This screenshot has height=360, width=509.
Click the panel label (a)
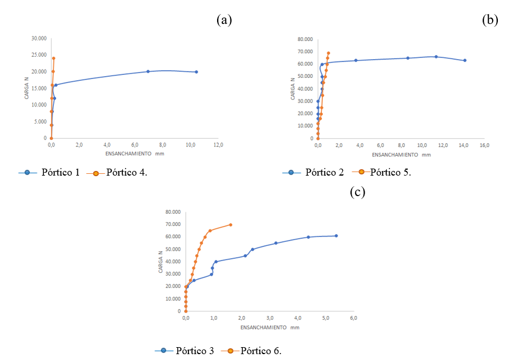(224, 20)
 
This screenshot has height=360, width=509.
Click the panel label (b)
(490, 20)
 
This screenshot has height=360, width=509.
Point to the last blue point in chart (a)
(196, 72)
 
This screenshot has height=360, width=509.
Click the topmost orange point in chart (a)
(54, 59)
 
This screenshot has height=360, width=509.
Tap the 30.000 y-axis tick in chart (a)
(39, 39)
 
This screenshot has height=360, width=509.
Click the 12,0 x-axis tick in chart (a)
(218, 145)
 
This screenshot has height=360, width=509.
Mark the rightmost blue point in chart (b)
(465, 60)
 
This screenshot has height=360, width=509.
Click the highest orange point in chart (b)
(328, 53)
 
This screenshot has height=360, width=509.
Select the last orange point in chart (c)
(231, 225)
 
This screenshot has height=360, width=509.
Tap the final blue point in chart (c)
(336, 236)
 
